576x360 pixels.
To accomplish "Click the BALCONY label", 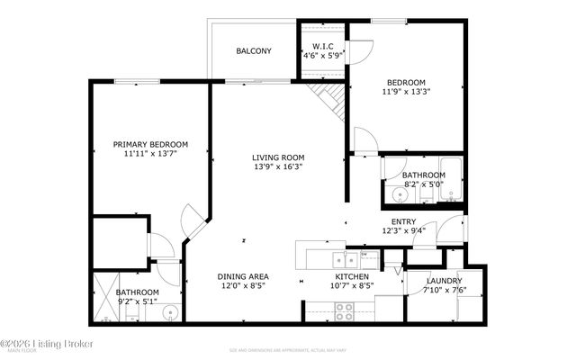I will point(254,51).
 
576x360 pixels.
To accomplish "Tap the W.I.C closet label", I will point(323,47).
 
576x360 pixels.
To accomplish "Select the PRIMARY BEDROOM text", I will point(150,144).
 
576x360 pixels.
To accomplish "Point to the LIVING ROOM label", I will point(278,157).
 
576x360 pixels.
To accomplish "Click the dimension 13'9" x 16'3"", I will point(278,166).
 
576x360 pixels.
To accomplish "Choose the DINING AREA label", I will point(244,276).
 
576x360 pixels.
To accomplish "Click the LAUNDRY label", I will point(443,281).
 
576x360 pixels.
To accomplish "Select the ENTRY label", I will point(403,221).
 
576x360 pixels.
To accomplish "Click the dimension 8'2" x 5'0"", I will point(423,184).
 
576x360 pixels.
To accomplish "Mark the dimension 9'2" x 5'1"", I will point(137,301).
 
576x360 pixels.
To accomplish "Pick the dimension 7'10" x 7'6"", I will point(443,290).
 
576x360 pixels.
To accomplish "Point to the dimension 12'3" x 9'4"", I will point(403,230).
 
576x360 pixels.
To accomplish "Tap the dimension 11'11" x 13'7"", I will point(150,154).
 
